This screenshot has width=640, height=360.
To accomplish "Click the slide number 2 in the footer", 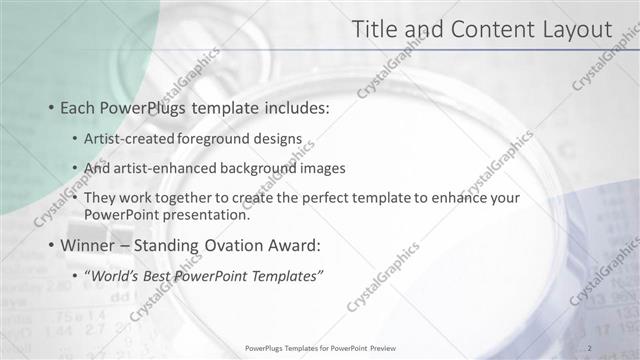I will click(x=590, y=347).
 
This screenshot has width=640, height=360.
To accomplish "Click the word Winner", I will click(x=88, y=245).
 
